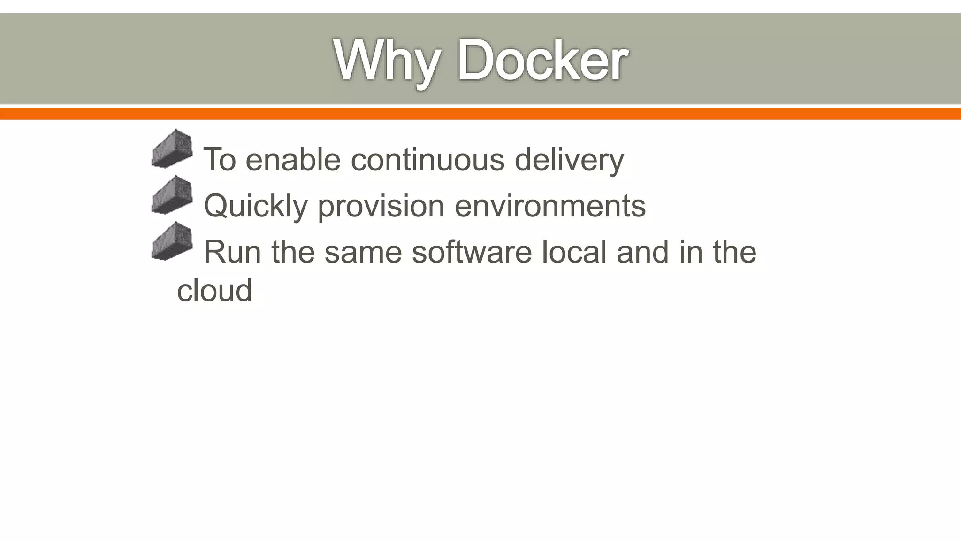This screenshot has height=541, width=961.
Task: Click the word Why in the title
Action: [x=387, y=61]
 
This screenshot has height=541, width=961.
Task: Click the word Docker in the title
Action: [x=542, y=61]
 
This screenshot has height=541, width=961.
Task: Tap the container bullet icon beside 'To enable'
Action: [x=172, y=149]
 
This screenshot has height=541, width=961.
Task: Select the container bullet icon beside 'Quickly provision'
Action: [x=172, y=195]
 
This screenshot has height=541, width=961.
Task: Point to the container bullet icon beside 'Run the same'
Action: [x=172, y=241]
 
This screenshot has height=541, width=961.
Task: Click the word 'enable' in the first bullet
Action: [x=293, y=160]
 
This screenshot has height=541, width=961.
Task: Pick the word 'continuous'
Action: [x=427, y=160]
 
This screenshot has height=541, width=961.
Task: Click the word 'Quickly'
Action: [x=255, y=207]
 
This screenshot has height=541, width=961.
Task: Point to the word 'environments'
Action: [x=550, y=206]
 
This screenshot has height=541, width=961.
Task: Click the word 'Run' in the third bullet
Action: [x=232, y=252]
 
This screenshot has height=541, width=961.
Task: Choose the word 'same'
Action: [x=363, y=252]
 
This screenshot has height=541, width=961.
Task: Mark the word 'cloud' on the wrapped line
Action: [x=214, y=290]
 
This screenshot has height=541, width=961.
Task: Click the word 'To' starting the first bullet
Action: [x=219, y=160]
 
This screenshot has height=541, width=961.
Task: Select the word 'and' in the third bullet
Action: [x=642, y=252]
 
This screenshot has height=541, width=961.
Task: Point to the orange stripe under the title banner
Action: [x=480, y=114]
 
